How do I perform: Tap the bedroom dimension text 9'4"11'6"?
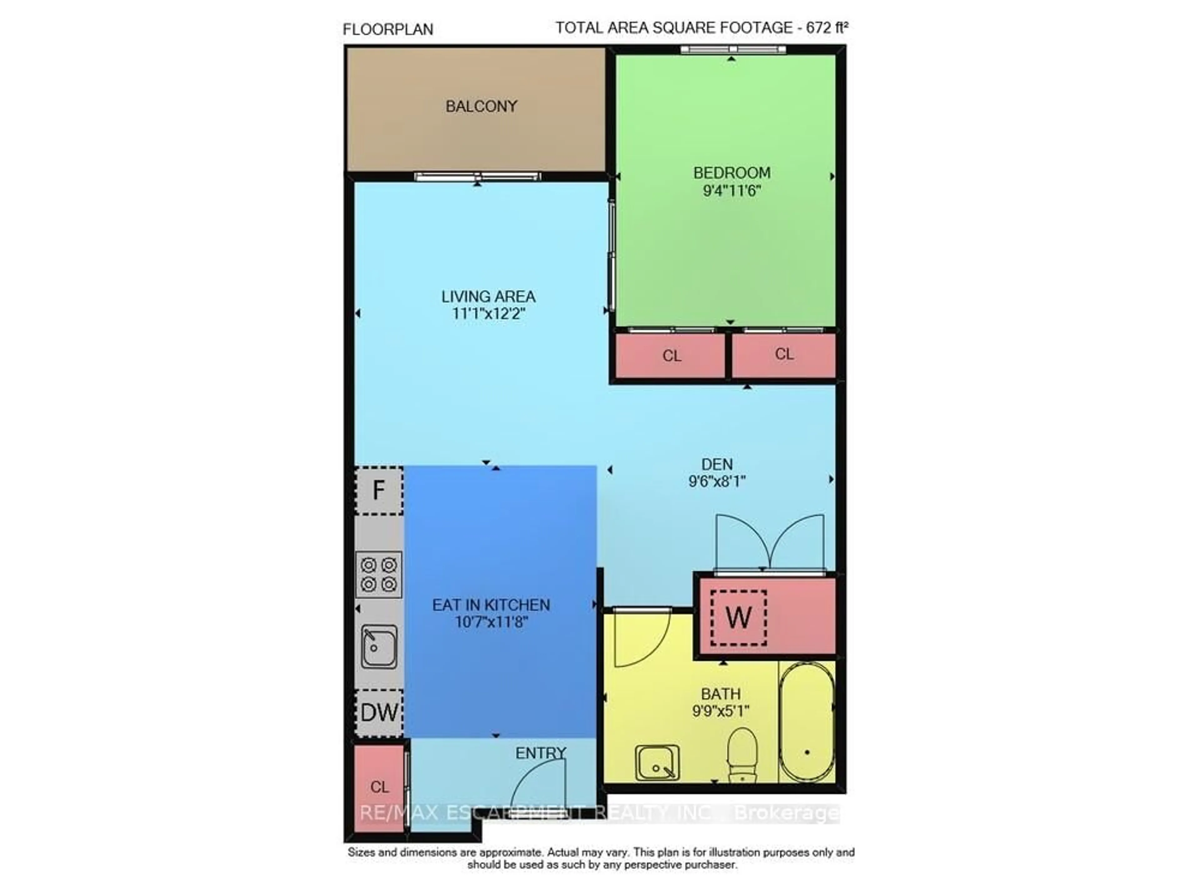[731, 191]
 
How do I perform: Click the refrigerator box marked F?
[379, 490]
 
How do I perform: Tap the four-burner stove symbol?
[378, 574]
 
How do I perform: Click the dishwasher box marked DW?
[379, 712]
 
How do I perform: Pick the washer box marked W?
[738, 618]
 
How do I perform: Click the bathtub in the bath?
[806, 722]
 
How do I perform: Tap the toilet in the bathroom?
[742, 754]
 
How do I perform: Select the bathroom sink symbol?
[657, 762]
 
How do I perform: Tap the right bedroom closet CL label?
[784, 354]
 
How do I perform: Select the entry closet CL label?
[379, 787]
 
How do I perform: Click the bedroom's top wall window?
[733, 50]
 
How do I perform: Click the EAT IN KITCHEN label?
[491, 605]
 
